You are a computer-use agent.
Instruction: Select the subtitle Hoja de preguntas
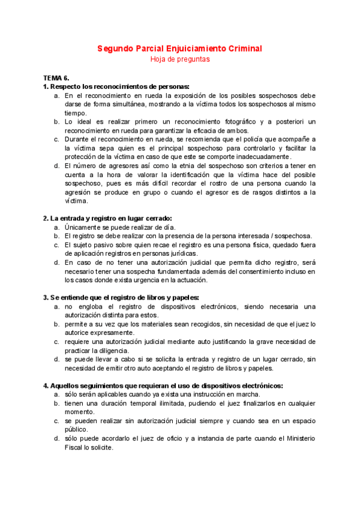179,59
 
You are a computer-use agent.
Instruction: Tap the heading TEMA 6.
57,79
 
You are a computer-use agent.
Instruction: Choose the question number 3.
46,297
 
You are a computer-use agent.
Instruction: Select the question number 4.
46,385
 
